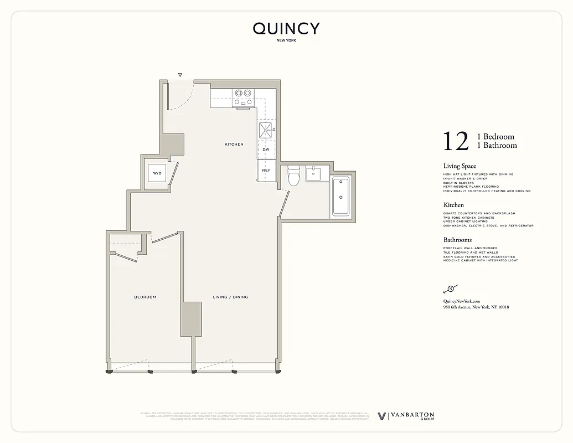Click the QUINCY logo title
pyautogui.click(x=286, y=29)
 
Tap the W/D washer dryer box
pyautogui.click(x=157, y=174)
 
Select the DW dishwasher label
pyautogui.click(x=266, y=150)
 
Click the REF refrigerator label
pyautogui.click(x=266, y=171)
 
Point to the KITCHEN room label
pyautogui.click(x=234, y=145)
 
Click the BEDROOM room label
pyautogui.click(x=145, y=297)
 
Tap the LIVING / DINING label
pyautogui.click(x=230, y=297)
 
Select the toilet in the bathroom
pyautogui.click(x=293, y=176)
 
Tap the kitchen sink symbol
pyautogui.click(x=266, y=130)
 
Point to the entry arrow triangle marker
pyautogui.click(x=180, y=74)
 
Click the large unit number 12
pyautogui.click(x=456, y=141)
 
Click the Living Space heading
pyautogui.click(x=460, y=166)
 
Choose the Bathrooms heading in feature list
pyautogui.click(x=457, y=240)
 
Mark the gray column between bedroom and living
pyautogui.click(x=190, y=319)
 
